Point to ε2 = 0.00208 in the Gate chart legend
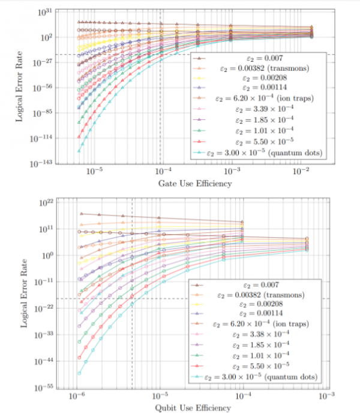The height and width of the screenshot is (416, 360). (x=259, y=77)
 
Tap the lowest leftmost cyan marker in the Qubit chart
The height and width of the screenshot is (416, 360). (x=79, y=373)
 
